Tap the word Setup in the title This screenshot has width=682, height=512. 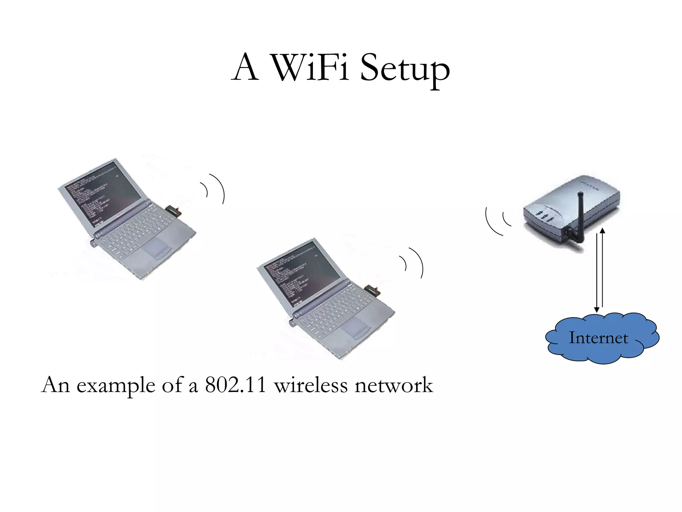pyautogui.click(x=405, y=68)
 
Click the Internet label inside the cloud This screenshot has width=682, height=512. pyautogui.click(x=598, y=338)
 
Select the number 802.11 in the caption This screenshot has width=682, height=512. pyautogui.click(x=235, y=385)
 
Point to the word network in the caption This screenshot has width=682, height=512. pyautogui.click(x=394, y=385)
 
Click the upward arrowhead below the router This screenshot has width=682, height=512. pyautogui.click(x=602, y=231)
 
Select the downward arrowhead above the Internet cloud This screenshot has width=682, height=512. pyautogui.click(x=597, y=310)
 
